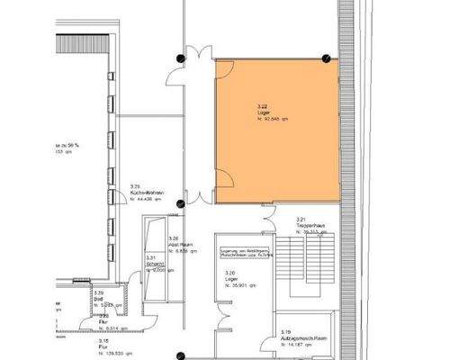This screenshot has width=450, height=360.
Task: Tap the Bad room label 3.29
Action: (98, 299)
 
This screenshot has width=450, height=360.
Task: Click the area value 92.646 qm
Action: (275, 117)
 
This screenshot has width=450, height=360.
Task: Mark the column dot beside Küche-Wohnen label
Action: (180, 204)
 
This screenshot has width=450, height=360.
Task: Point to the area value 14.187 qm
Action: (301, 342)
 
